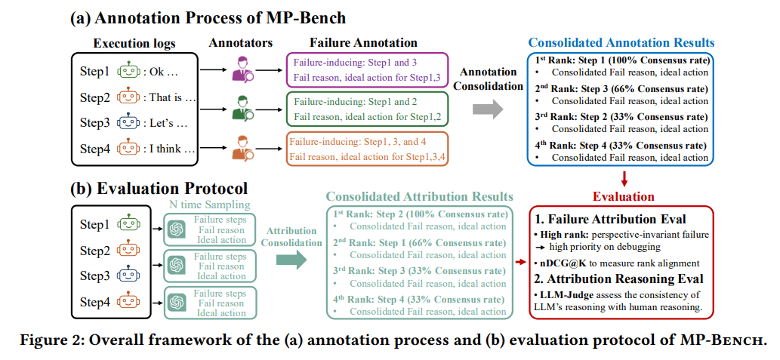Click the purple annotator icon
point(243,70)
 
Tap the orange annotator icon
point(243,147)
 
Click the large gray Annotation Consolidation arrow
point(486,110)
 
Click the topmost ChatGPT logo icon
point(177,229)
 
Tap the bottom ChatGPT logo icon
point(177,303)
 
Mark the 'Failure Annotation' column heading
point(364,43)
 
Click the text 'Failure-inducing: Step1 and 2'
point(356,103)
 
